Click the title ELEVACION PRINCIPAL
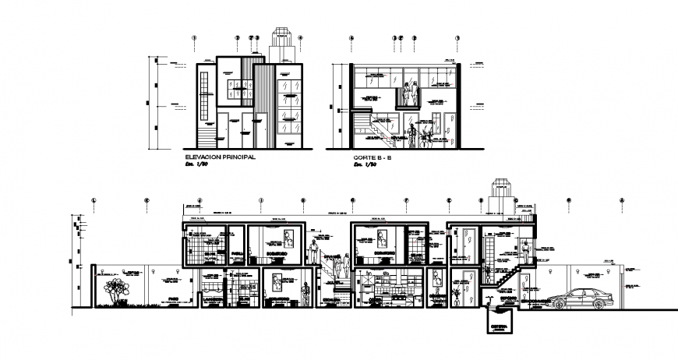219,157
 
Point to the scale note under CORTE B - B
361,164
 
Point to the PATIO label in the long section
173,298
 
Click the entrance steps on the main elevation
207,139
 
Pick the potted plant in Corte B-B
425,138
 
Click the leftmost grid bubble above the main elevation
195,37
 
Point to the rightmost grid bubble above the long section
621,200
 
